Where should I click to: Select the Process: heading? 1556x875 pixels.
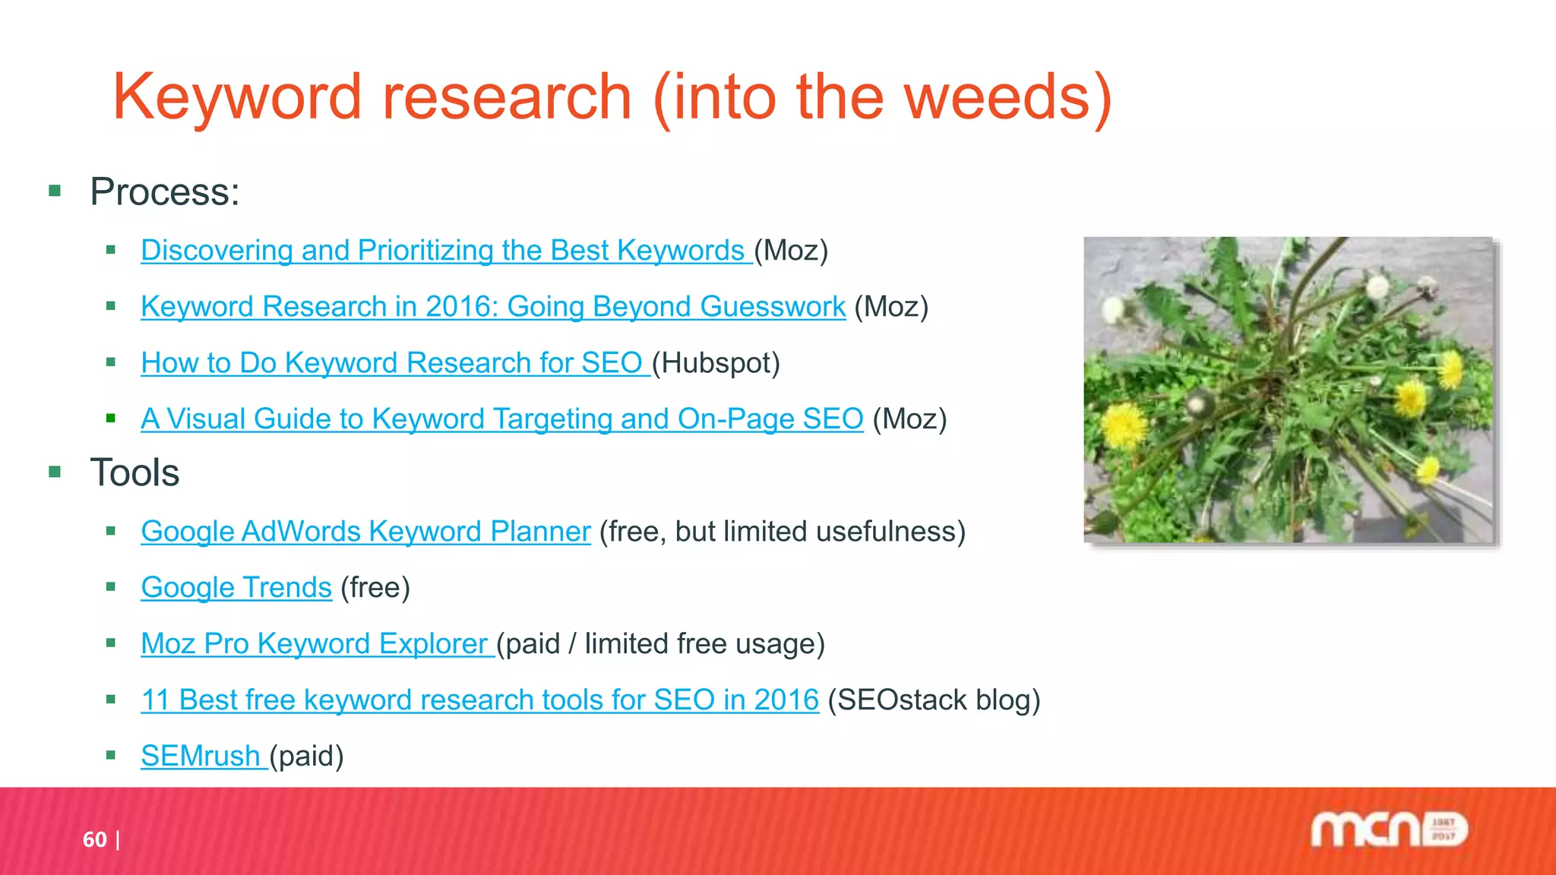click(x=164, y=191)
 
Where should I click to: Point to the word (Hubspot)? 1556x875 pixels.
click(x=716, y=363)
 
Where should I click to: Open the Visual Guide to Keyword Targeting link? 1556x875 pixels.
click(x=501, y=419)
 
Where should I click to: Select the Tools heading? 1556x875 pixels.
click(x=134, y=472)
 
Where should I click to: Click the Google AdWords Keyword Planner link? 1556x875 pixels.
click(x=365, y=532)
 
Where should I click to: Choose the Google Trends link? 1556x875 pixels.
click(x=236, y=588)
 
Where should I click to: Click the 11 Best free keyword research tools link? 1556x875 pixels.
click(x=479, y=700)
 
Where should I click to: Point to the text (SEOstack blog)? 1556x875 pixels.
click(x=934, y=700)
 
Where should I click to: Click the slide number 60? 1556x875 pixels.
click(x=94, y=839)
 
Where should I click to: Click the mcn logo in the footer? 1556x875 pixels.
click(x=1389, y=829)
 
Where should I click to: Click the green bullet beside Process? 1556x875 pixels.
click(x=55, y=191)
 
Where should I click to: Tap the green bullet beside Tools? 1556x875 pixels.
click(x=55, y=472)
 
